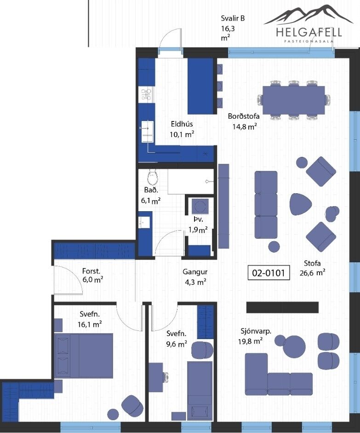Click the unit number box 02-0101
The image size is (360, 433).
pyautogui.click(x=269, y=273)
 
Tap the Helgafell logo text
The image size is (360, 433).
pyautogui.click(x=309, y=32)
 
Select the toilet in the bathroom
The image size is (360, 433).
pyautogui.click(x=152, y=177)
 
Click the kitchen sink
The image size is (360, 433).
pyautogui.click(x=148, y=132)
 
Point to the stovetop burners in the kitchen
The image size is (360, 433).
pyautogui.click(x=146, y=94)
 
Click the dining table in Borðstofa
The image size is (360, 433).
pyautogui.click(x=293, y=100)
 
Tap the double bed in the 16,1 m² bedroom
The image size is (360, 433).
pyautogui.click(x=84, y=356)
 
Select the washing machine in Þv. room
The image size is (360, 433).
pyautogui.click(x=200, y=206)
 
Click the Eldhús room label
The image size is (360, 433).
pyautogui.click(x=182, y=124)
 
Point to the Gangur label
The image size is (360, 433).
pyautogui.click(x=195, y=272)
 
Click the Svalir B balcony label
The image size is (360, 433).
pyautogui.click(x=233, y=18)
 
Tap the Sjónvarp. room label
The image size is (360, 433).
pyautogui.click(x=256, y=331)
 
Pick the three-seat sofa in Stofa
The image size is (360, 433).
pyautogui.click(x=266, y=205)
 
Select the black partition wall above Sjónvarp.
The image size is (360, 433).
pyautogui.click(x=282, y=307)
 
